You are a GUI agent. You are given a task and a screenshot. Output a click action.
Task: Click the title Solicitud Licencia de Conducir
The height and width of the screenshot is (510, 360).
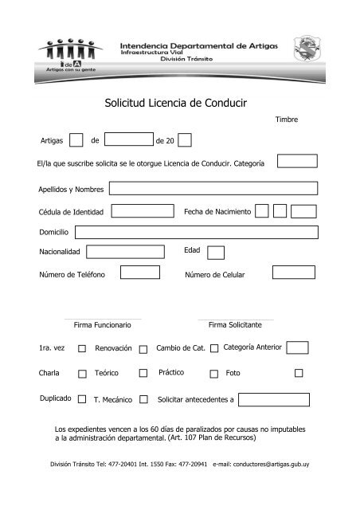(x=179, y=103)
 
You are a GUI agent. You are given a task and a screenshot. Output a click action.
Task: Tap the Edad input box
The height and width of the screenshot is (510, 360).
(x=215, y=252)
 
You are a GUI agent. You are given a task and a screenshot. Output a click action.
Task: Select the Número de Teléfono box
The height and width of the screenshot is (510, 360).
(x=140, y=273)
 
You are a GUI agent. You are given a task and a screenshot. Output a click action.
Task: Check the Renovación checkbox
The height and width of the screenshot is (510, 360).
(x=143, y=349)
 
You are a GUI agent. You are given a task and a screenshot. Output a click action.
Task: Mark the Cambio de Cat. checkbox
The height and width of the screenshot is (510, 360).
(x=213, y=349)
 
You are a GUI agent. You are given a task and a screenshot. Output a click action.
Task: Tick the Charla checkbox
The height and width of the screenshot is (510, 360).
(x=83, y=373)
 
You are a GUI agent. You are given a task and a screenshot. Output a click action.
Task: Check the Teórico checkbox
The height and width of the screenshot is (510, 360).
(x=143, y=373)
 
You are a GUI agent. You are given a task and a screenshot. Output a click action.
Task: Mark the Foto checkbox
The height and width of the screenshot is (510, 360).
(x=299, y=372)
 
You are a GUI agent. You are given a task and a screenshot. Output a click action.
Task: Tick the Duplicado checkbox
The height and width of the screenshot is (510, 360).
(x=83, y=398)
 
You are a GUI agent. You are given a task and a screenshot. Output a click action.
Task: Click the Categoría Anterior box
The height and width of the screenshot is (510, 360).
(x=297, y=347)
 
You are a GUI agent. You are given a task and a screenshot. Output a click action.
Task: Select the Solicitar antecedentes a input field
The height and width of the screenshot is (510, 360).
(x=273, y=398)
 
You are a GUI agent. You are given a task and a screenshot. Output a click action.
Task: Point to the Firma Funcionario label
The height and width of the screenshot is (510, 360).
(x=102, y=326)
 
